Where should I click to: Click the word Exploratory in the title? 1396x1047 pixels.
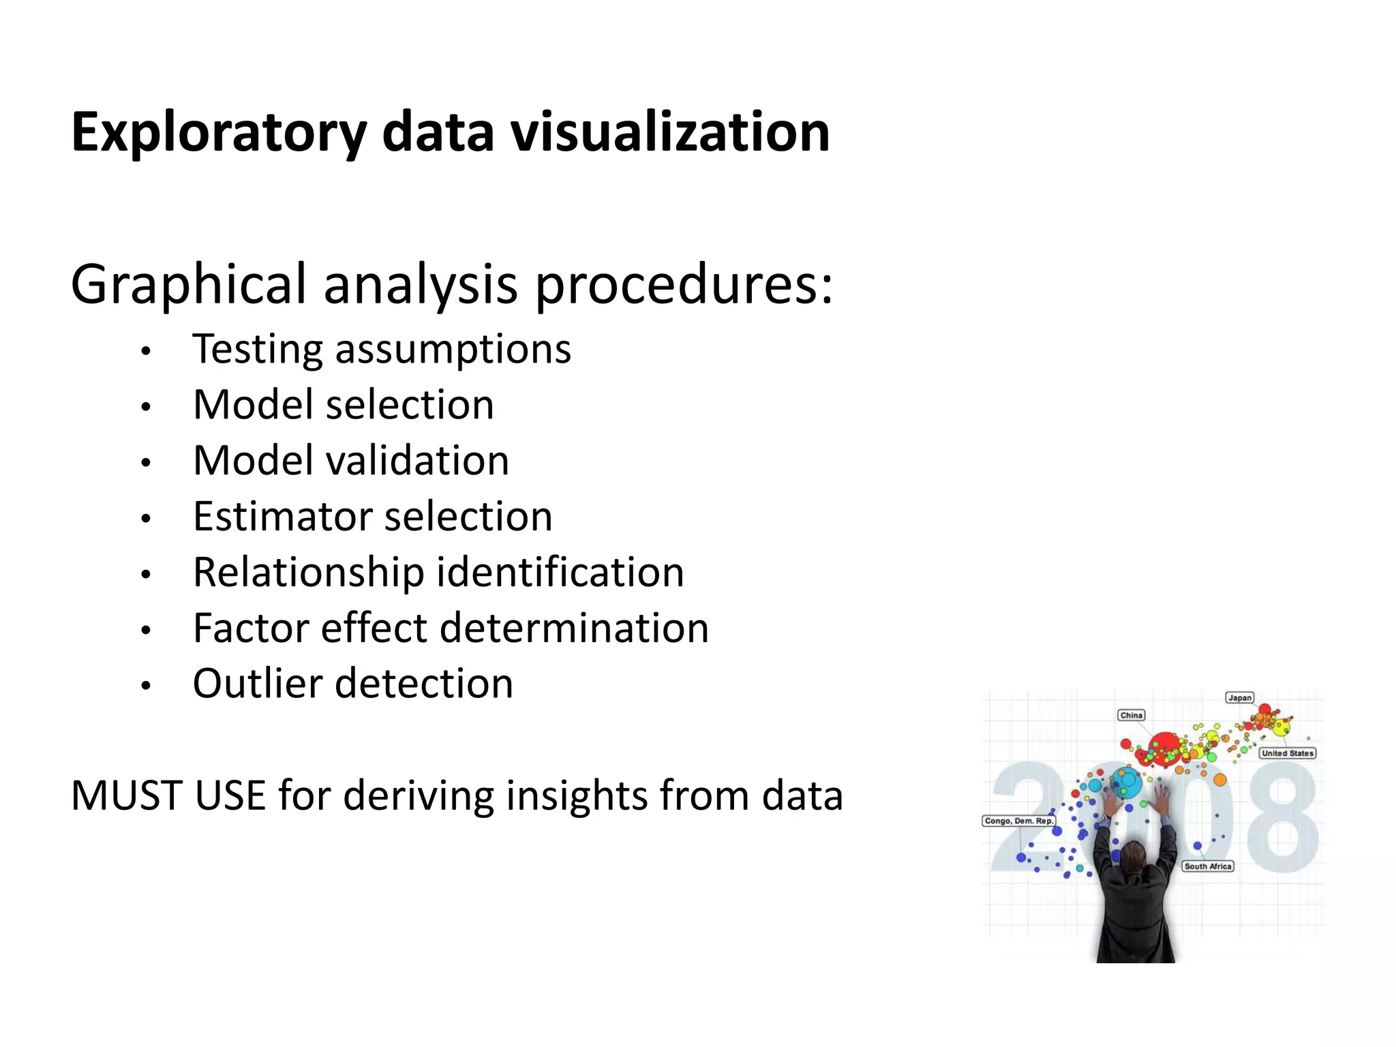tap(219, 132)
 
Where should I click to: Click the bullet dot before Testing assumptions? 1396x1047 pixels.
tap(145, 352)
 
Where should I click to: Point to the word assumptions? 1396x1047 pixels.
tap(453, 350)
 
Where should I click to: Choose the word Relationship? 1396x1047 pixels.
tap(309, 572)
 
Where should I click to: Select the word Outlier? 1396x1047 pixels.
tap(256, 684)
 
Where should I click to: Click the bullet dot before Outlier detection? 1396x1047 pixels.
tap(145, 686)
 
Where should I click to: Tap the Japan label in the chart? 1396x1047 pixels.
tap(1240, 697)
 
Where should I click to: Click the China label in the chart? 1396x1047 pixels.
tap(1132, 715)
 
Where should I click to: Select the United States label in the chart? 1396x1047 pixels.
tap(1287, 753)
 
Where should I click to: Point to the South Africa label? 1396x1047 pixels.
tap(1208, 866)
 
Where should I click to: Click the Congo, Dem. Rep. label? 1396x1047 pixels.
tap(1018, 821)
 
